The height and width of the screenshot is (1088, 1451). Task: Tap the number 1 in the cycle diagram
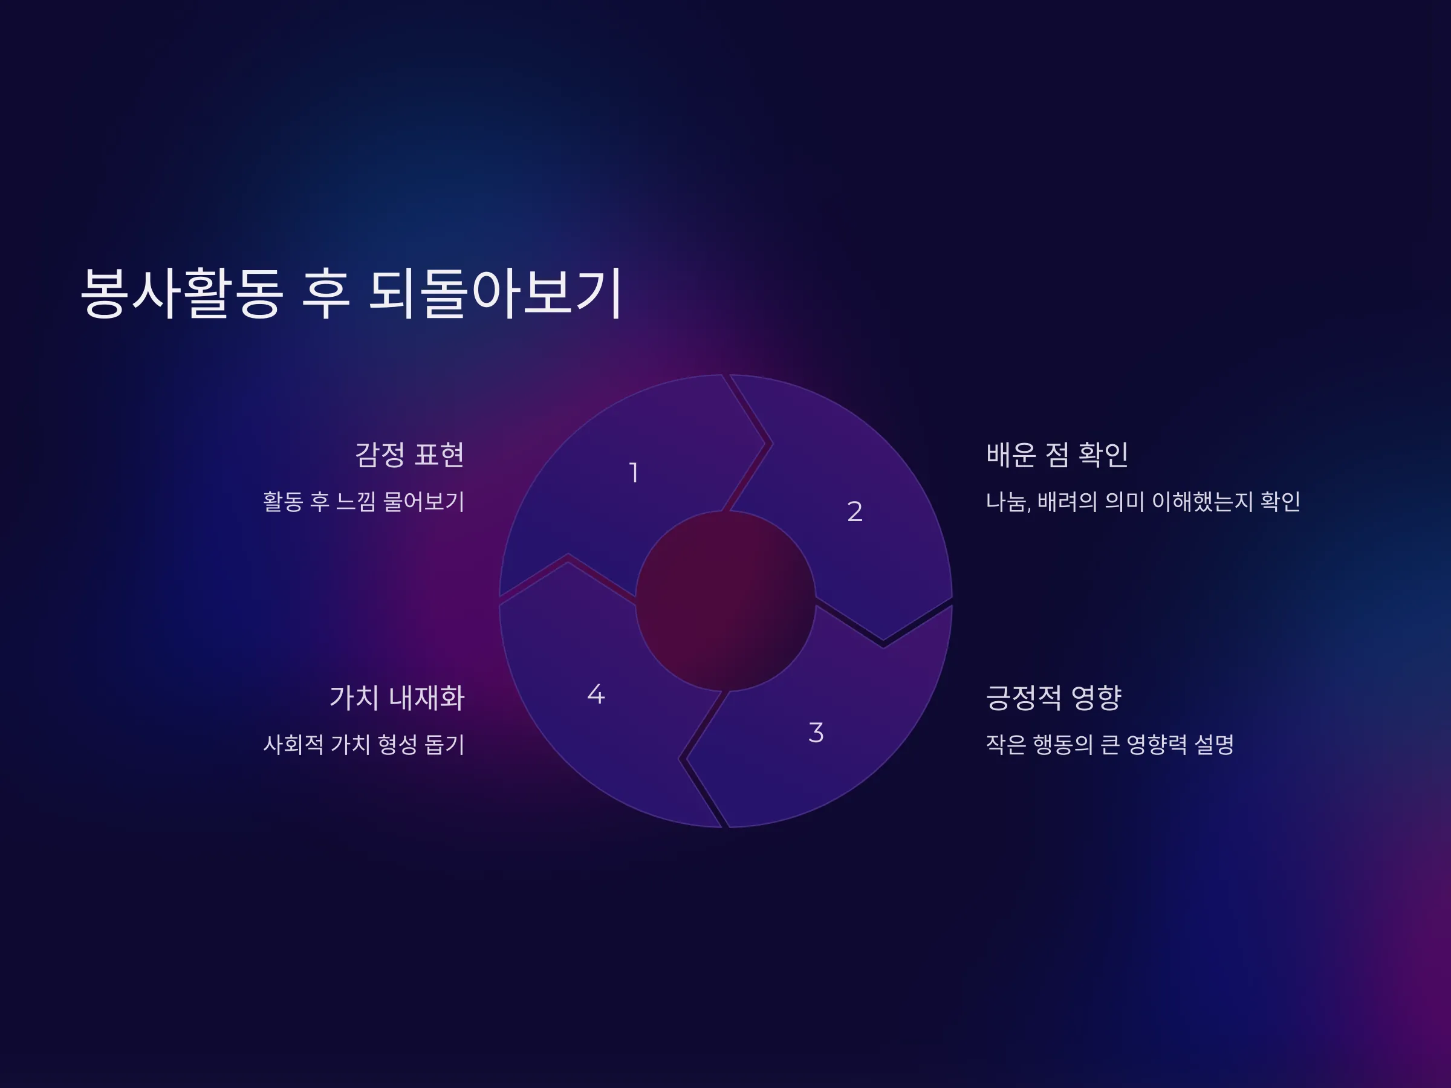click(x=634, y=472)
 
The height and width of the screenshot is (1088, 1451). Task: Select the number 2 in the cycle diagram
click(x=855, y=511)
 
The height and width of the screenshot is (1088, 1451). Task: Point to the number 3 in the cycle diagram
click(x=816, y=733)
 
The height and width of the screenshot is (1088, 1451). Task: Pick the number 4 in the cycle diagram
click(x=596, y=694)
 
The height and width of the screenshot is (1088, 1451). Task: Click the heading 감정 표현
click(x=409, y=455)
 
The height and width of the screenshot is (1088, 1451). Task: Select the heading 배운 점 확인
click(x=1057, y=455)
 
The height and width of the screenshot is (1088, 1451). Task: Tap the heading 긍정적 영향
click(x=1053, y=697)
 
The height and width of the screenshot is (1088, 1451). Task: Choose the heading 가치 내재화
click(x=397, y=697)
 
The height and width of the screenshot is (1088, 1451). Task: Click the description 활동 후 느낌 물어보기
click(x=363, y=502)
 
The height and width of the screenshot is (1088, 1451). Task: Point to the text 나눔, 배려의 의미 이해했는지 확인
click(x=1143, y=502)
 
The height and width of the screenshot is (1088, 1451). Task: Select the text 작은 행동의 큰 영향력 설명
click(x=1110, y=744)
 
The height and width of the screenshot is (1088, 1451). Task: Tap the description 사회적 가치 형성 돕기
click(x=363, y=744)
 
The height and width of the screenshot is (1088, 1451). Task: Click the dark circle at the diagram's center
click(x=725, y=601)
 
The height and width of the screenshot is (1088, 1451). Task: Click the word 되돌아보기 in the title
click(x=495, y=293)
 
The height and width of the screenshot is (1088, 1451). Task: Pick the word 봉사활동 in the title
click(x=182, y=293)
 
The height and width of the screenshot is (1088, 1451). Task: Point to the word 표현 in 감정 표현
click(x=440, y=455)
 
